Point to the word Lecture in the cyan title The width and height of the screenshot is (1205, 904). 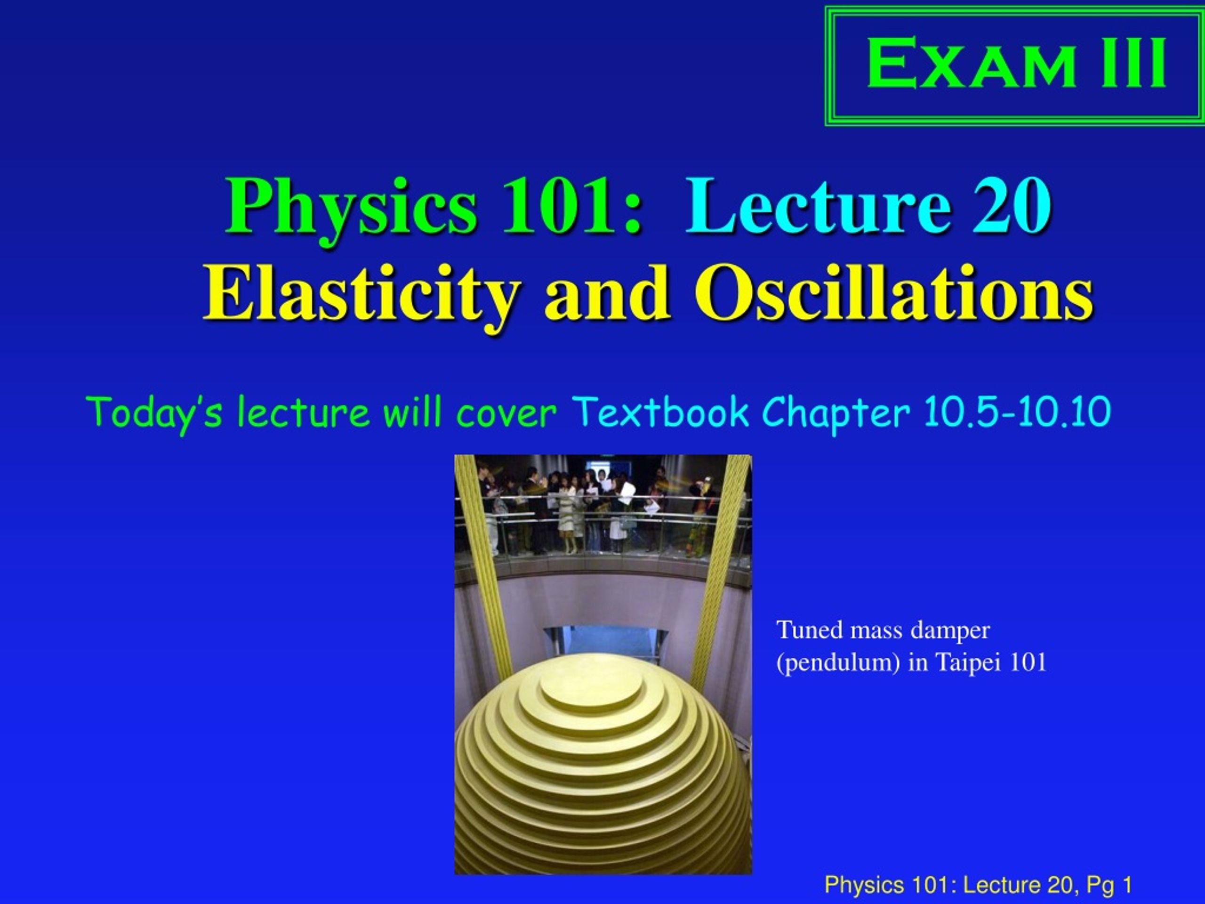pyautogui.click(x=819, y=206)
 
